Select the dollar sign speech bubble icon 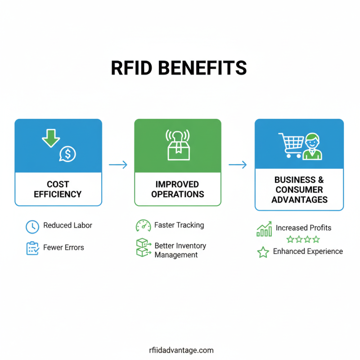[67, 154]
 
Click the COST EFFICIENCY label [58, 189]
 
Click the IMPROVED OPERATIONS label [178, 189]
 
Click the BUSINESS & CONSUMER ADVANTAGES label [299, 189]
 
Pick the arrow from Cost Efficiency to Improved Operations [118, 165]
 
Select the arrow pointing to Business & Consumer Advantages [238, 165]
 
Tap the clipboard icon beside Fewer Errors [32, 248]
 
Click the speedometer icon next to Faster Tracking [143, 225]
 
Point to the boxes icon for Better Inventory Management [143, 247]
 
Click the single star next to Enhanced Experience [263, 252]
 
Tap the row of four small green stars [303, 239]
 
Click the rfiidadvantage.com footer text [181, 350]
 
